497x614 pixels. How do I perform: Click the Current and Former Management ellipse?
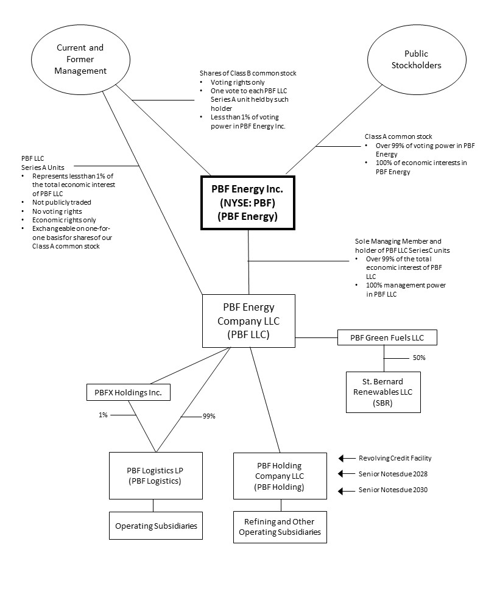80,60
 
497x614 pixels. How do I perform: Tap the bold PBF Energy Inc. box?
248,203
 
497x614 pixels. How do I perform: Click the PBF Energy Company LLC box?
248,320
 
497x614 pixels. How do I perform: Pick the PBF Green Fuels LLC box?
387,337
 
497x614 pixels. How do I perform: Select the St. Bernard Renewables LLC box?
383,392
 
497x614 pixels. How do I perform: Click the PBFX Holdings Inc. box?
128,393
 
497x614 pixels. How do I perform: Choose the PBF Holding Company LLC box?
280,475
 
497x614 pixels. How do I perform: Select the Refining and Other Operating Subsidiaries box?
280,527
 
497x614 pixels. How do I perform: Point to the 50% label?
418,358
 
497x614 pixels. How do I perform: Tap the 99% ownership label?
209,417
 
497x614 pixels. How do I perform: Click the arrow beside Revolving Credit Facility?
347,458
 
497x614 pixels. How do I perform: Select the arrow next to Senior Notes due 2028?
347,474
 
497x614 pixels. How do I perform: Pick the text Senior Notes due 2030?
393,490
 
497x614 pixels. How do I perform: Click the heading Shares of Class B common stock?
248,73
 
